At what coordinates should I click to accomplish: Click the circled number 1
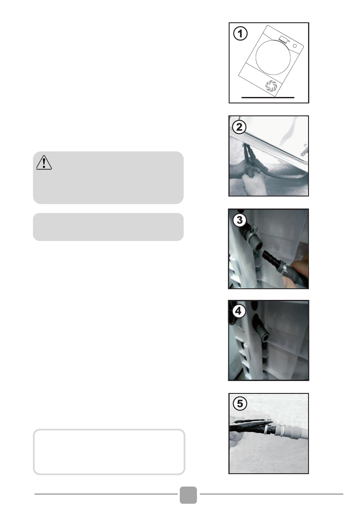240,33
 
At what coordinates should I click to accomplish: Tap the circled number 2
239,127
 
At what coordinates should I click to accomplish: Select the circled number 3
239,220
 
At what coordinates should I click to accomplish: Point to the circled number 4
239,311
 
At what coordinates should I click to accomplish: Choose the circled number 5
240,403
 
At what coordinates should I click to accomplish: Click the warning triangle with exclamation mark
44,162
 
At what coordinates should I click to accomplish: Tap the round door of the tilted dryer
273,57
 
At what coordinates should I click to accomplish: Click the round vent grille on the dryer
271,86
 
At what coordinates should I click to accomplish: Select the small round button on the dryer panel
295,46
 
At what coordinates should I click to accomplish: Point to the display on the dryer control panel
284,40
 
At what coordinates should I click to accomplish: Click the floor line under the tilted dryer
268,97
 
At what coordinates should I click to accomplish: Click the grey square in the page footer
188,495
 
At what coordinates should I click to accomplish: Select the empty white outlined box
109,452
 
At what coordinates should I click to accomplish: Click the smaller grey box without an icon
108,227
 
